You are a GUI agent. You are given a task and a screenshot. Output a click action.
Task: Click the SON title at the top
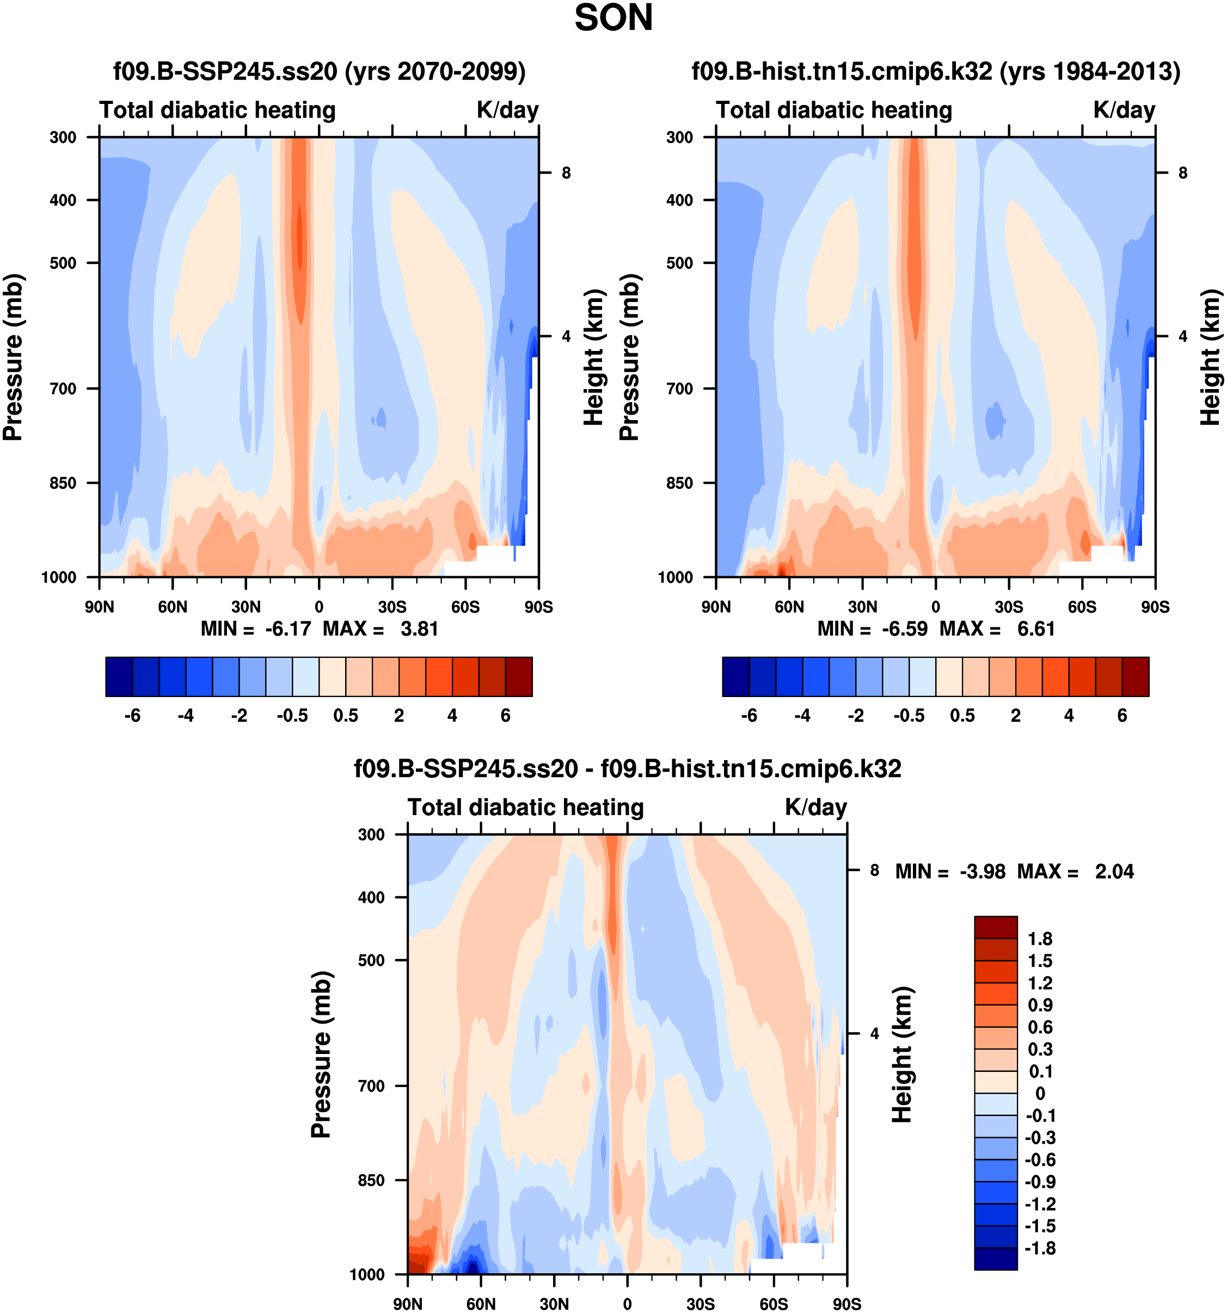tap(613, 19)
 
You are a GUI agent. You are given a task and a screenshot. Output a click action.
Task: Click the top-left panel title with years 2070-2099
tap(319, 71)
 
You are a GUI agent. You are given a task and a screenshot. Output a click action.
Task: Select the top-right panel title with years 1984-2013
tap(936, 71)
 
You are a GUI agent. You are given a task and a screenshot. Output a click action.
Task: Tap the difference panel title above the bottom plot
tap(627, 769)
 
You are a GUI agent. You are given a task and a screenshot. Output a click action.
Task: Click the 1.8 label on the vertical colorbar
tap(1040, 939)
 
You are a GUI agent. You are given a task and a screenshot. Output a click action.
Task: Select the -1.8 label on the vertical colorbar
tap(1040, 1248)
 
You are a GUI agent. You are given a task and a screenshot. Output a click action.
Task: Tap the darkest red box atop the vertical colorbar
tap(995, 927)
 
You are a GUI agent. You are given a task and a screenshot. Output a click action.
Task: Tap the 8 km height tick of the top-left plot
tap(566, 173)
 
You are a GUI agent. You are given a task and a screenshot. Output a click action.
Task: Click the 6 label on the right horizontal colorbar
tap(1122, 716)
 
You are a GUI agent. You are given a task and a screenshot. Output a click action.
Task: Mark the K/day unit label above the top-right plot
tap(1124, 109)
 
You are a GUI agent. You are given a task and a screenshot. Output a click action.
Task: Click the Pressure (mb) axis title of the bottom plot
tap(321, 1055)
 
